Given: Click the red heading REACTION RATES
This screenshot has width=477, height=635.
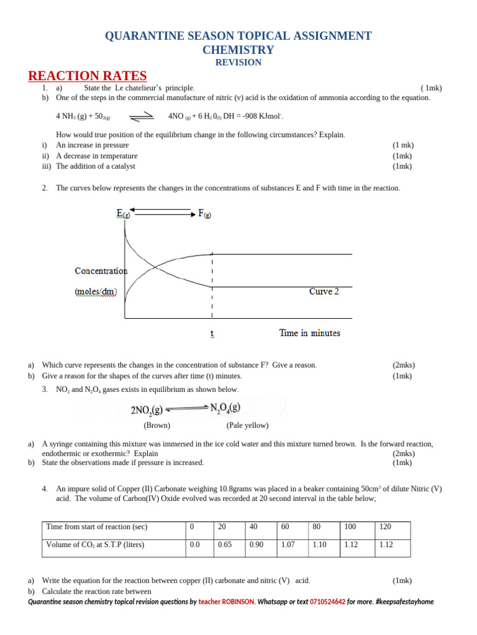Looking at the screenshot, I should click(x=88, y=76).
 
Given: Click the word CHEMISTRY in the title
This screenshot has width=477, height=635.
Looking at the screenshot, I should click(x=238, y=50).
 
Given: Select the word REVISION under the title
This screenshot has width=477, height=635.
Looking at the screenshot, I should click(x=238, y=63).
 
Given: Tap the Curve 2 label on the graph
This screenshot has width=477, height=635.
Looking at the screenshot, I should click(x=324, y=291).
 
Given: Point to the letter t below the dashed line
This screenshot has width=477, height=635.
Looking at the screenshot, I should click(x=212, y=334).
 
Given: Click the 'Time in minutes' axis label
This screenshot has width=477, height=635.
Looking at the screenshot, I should click(x=310, y=333).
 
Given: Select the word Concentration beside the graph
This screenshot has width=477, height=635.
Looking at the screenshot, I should click(x=101, y=271).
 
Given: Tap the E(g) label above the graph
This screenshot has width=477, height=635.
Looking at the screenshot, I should click(x=123, y=214).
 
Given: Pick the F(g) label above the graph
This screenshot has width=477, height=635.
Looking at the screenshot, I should click(x=205, y=214).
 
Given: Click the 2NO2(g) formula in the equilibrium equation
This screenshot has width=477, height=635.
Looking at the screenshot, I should click(x=147, y=409).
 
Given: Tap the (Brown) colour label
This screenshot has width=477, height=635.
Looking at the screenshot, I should click(x=157, y=425).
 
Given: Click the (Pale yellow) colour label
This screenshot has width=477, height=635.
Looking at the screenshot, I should click(x=247, y=425).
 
